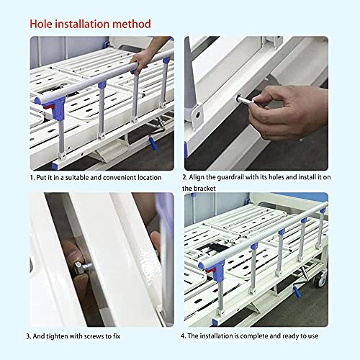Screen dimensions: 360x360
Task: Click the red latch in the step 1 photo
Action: (49, 107)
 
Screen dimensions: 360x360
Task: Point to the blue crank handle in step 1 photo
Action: (153, 143)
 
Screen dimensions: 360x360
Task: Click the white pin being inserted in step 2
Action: (246, 100)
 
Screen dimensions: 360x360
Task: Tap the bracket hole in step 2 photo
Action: (198, 115)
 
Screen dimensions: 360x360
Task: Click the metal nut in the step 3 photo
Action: (78, 266)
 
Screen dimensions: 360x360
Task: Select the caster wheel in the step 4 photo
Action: (320, 279)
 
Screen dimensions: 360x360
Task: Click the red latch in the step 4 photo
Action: (211, 271)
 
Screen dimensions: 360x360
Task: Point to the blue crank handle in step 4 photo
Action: (297, 292)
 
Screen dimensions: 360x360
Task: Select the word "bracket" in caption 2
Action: (204, 189)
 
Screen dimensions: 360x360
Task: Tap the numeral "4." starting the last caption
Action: (184, 336)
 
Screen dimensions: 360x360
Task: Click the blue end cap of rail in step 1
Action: (37, 100)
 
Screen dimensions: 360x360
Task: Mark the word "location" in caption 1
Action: (150, 178)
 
